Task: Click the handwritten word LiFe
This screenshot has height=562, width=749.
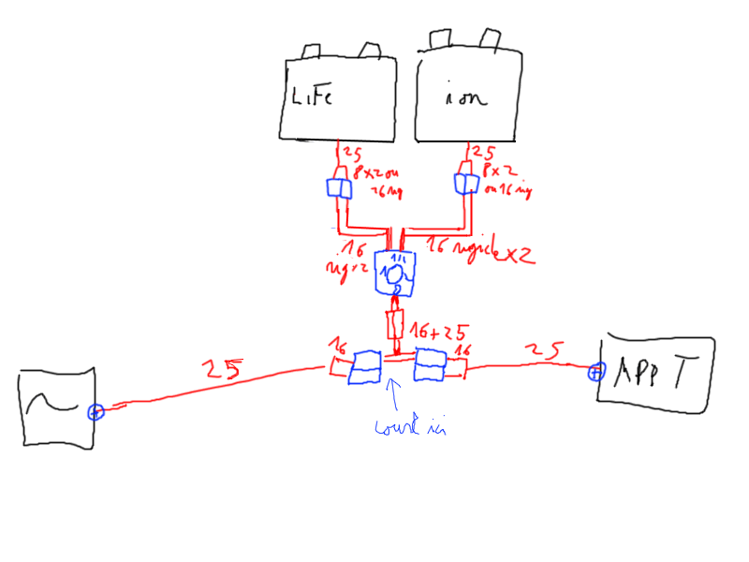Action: (x=311, y=96)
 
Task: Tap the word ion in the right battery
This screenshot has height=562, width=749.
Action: (x=465, y=99)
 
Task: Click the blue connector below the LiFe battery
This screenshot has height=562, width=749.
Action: (x=339, y=187)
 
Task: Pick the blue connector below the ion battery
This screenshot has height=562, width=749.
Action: (x=464, y=183)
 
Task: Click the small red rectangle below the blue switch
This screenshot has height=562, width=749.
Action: (x=395, y=325)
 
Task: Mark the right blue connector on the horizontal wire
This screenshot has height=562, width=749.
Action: (x=432, y=364)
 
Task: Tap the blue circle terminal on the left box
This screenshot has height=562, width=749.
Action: (x=94, y=411)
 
